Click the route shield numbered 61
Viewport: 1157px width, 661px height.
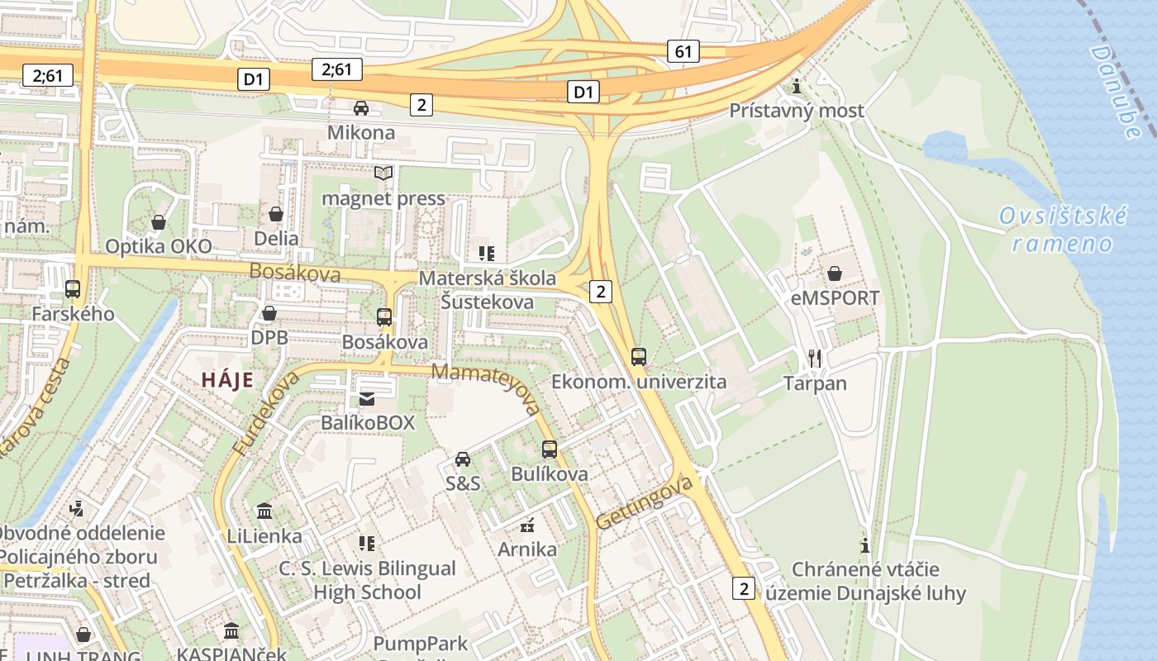point(683,51)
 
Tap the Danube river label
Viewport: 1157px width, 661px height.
point(1115,91)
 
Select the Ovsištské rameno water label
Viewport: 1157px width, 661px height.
point(1063,230)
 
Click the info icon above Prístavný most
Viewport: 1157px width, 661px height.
point(797,86)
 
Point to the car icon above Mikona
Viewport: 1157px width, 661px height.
point(361,108)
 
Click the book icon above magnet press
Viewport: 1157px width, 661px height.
point(383,173)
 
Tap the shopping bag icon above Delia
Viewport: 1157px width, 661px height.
point(276,214)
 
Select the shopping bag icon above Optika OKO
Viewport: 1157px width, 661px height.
point(158,222)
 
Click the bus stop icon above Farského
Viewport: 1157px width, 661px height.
point(73,289)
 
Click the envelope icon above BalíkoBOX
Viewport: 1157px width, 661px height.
point(367,399)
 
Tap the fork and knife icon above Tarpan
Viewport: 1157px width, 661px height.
point(815,358)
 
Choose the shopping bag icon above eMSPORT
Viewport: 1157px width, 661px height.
point(835,273)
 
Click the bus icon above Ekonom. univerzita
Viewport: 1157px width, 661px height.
point(639,357)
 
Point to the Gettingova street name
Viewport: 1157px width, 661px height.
point(644,503)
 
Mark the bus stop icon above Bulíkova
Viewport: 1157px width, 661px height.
point(550,449)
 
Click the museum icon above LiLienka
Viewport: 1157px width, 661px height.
point(264,511)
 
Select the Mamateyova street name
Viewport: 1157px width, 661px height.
point(486,388)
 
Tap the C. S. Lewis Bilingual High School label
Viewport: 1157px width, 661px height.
point(367,580)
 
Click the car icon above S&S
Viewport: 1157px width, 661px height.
point(463,459)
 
